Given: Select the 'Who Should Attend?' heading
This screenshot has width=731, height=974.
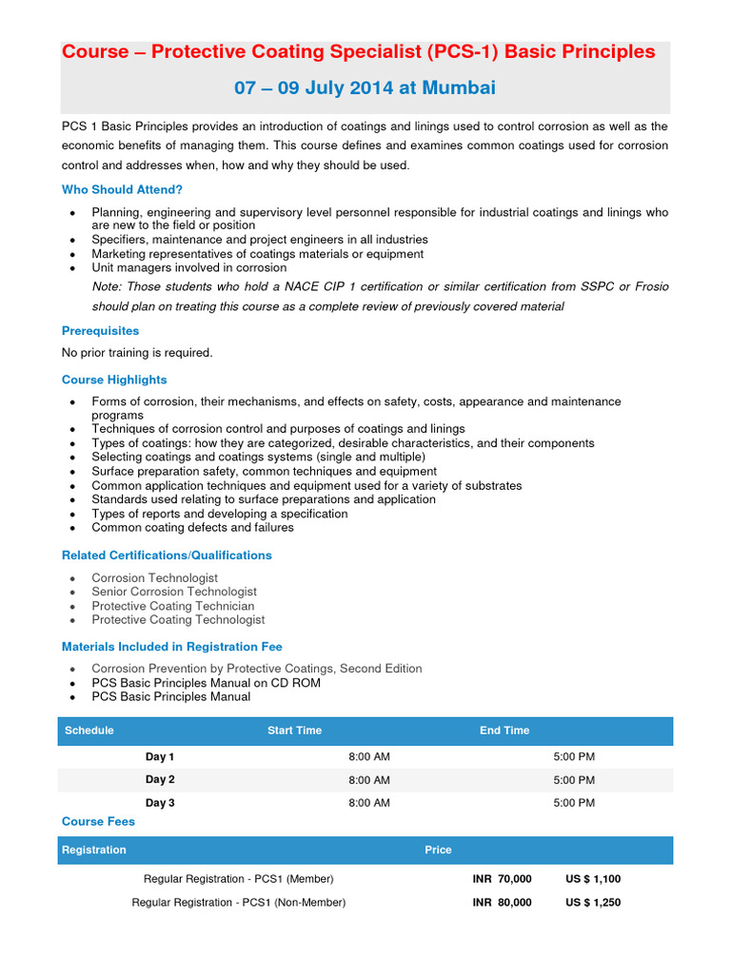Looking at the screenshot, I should click(123, 189).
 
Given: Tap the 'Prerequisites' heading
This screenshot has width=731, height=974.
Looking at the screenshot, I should click(100, 331).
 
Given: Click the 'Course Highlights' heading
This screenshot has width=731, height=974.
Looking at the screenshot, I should click(114, 380).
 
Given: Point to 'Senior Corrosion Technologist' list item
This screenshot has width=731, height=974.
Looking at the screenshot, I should click(174, 592).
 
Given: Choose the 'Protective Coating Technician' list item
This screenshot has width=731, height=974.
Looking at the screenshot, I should click(173, 606).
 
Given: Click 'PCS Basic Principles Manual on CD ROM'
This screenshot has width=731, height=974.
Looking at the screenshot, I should click(206, 683).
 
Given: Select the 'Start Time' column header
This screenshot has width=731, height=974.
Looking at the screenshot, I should click(294, 730).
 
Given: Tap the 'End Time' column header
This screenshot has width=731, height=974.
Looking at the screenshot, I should click(504, 730).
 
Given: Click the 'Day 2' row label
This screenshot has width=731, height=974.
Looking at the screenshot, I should click(160, 779).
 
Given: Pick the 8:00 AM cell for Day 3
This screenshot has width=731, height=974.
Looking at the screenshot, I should click(369, 803).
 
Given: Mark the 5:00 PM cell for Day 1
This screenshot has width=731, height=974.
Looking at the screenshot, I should click(574, 756).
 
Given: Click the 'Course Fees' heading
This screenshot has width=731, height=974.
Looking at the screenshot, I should click(98, 821).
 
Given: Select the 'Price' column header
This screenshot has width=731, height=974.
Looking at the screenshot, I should click(438, 849).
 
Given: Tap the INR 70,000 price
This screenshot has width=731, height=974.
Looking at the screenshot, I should click(502, 879).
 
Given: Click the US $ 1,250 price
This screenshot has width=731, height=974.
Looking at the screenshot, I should click(593, 902).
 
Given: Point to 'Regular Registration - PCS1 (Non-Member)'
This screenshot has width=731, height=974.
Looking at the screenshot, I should click(239, 902).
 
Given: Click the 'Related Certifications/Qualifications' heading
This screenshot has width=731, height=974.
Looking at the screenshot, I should click(167, 555).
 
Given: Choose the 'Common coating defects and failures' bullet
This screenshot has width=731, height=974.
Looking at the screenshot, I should click(192, 527).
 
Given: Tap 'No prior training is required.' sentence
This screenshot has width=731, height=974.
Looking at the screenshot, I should click(137, 353).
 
